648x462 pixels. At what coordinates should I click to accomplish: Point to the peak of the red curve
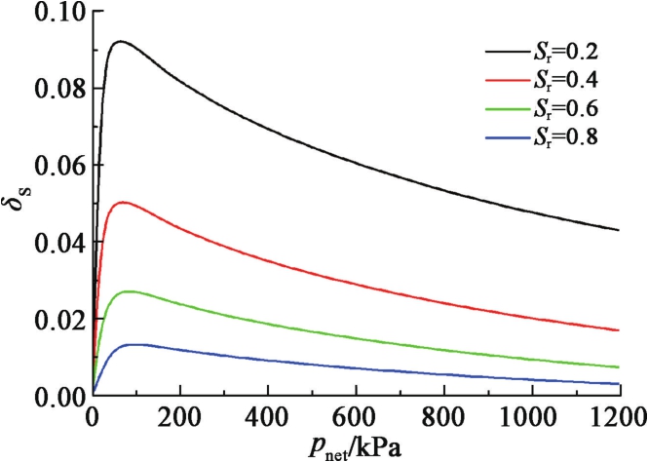click(122, 203)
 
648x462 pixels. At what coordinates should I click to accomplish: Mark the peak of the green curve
click(127, 291)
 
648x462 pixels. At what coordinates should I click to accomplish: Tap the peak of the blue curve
click(134, 344)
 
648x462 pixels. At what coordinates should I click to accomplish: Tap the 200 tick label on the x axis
click(179, 413)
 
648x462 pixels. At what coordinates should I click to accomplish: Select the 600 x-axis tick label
click(355, 413)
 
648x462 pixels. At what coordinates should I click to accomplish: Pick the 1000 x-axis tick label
click(530, 413)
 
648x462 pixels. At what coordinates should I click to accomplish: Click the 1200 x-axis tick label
click(618, 413)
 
